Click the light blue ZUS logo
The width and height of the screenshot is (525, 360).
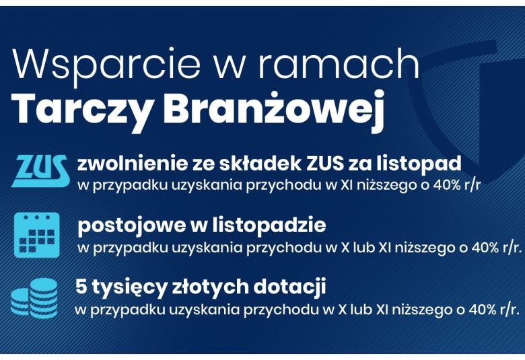[x=40, y=170]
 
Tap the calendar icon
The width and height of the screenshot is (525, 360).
[x=37, y=235]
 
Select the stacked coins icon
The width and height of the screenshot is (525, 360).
[x=34, y=298]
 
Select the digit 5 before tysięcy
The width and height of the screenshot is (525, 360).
[x=81, y=287]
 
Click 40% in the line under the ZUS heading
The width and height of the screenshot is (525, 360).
[x=447, y=185]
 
